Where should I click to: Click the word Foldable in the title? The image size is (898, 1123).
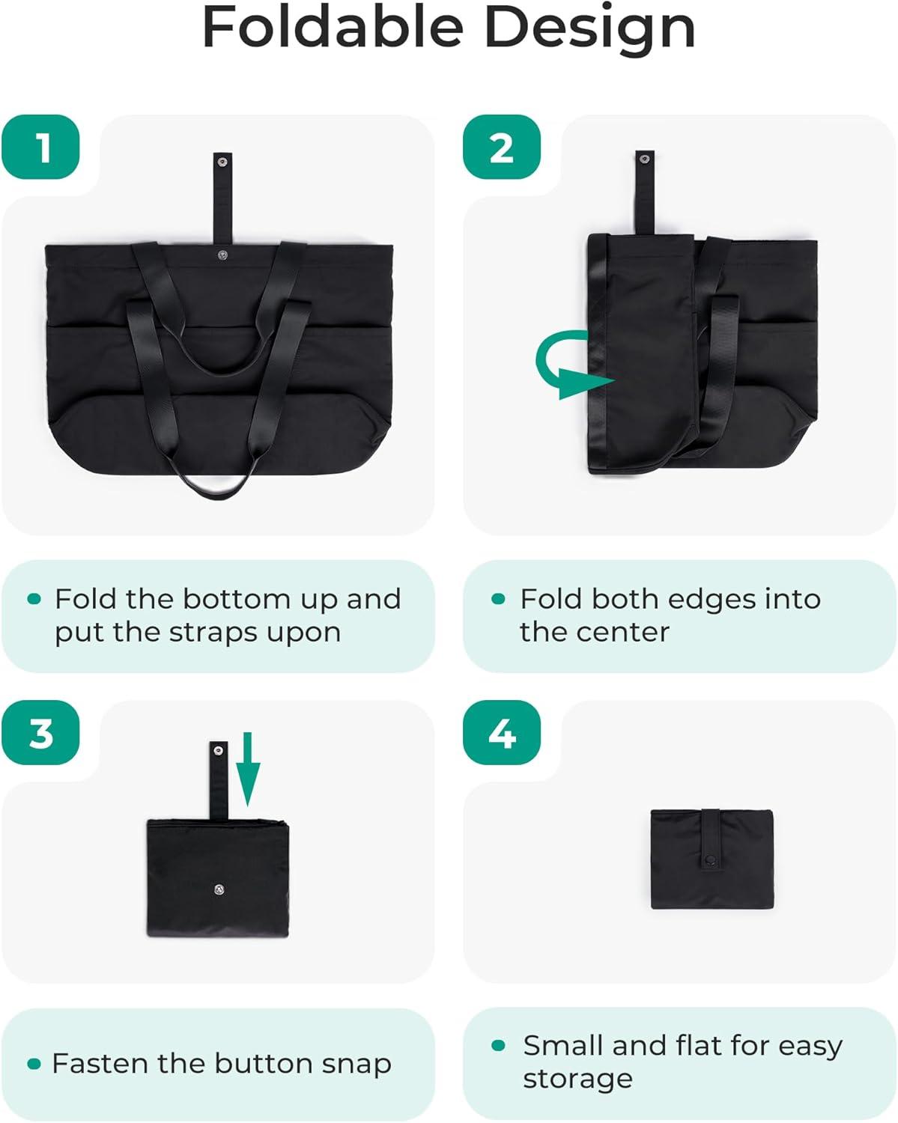coord(333,27)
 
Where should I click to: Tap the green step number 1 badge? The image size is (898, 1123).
coord(40,147)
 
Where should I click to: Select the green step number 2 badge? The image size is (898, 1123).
coord(502,147)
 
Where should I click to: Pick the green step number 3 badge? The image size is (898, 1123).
coord(40,733)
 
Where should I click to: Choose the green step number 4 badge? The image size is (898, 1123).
coord(502,733)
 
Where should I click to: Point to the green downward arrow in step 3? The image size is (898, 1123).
coord(248,768)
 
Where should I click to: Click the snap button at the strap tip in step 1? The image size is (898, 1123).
coord(222,162)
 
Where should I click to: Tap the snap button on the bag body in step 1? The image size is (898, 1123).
coord(222,255)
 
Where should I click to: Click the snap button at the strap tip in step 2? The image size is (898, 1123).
coord(644,158)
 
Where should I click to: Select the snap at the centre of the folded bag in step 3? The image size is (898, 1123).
coord(219,889)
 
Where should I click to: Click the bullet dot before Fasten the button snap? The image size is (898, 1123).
coord(34,1064)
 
